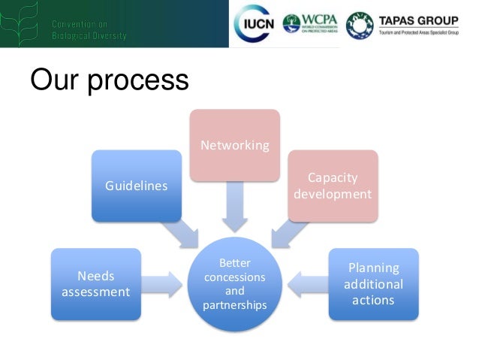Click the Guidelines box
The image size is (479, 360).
(136, 186)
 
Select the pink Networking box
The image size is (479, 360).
(234, 145)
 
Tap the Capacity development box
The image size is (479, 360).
(333, 186)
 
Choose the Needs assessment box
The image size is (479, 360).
(95, 283)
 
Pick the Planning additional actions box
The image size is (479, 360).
(373, 283)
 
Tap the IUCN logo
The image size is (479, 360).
(256, 24)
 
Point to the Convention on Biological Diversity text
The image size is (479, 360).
(89, 30)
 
